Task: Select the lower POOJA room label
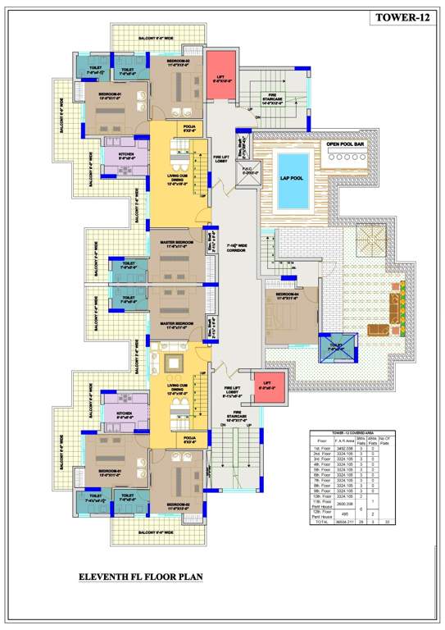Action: point(190,441)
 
